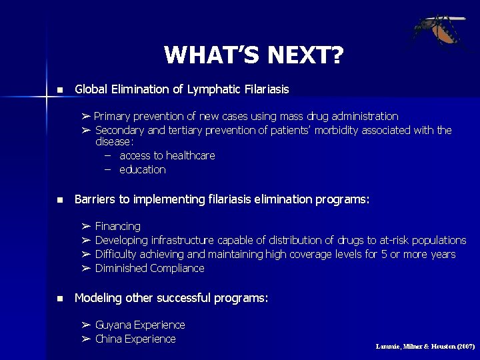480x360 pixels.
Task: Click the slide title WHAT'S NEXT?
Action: tap(253, 55)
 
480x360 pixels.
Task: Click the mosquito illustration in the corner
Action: tap(437, 33)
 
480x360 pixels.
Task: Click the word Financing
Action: tap(118, 227)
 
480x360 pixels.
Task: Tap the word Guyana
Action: tap(113, 325)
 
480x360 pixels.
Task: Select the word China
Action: tap(109, 339)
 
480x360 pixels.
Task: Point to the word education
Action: tap(143, 169)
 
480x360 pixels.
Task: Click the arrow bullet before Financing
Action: tap(86, 227)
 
